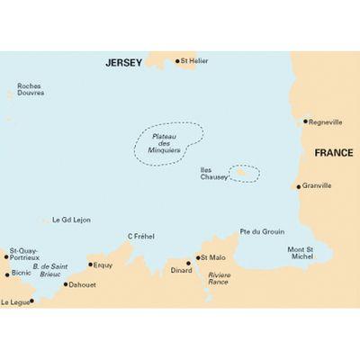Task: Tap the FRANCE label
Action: click(x=333, y=154)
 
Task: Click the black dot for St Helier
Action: click(x=176, y=61)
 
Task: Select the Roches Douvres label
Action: click(x=29, y=91)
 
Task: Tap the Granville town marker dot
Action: click(x=299, y=186)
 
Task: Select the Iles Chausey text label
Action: click(x=214, y=175)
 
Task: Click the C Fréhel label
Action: click(x=140, y=236)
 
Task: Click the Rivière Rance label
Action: click(x=219, y=278)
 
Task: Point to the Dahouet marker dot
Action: click(x=65, y=284)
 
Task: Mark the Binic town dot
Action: click(x=7, y=274)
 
